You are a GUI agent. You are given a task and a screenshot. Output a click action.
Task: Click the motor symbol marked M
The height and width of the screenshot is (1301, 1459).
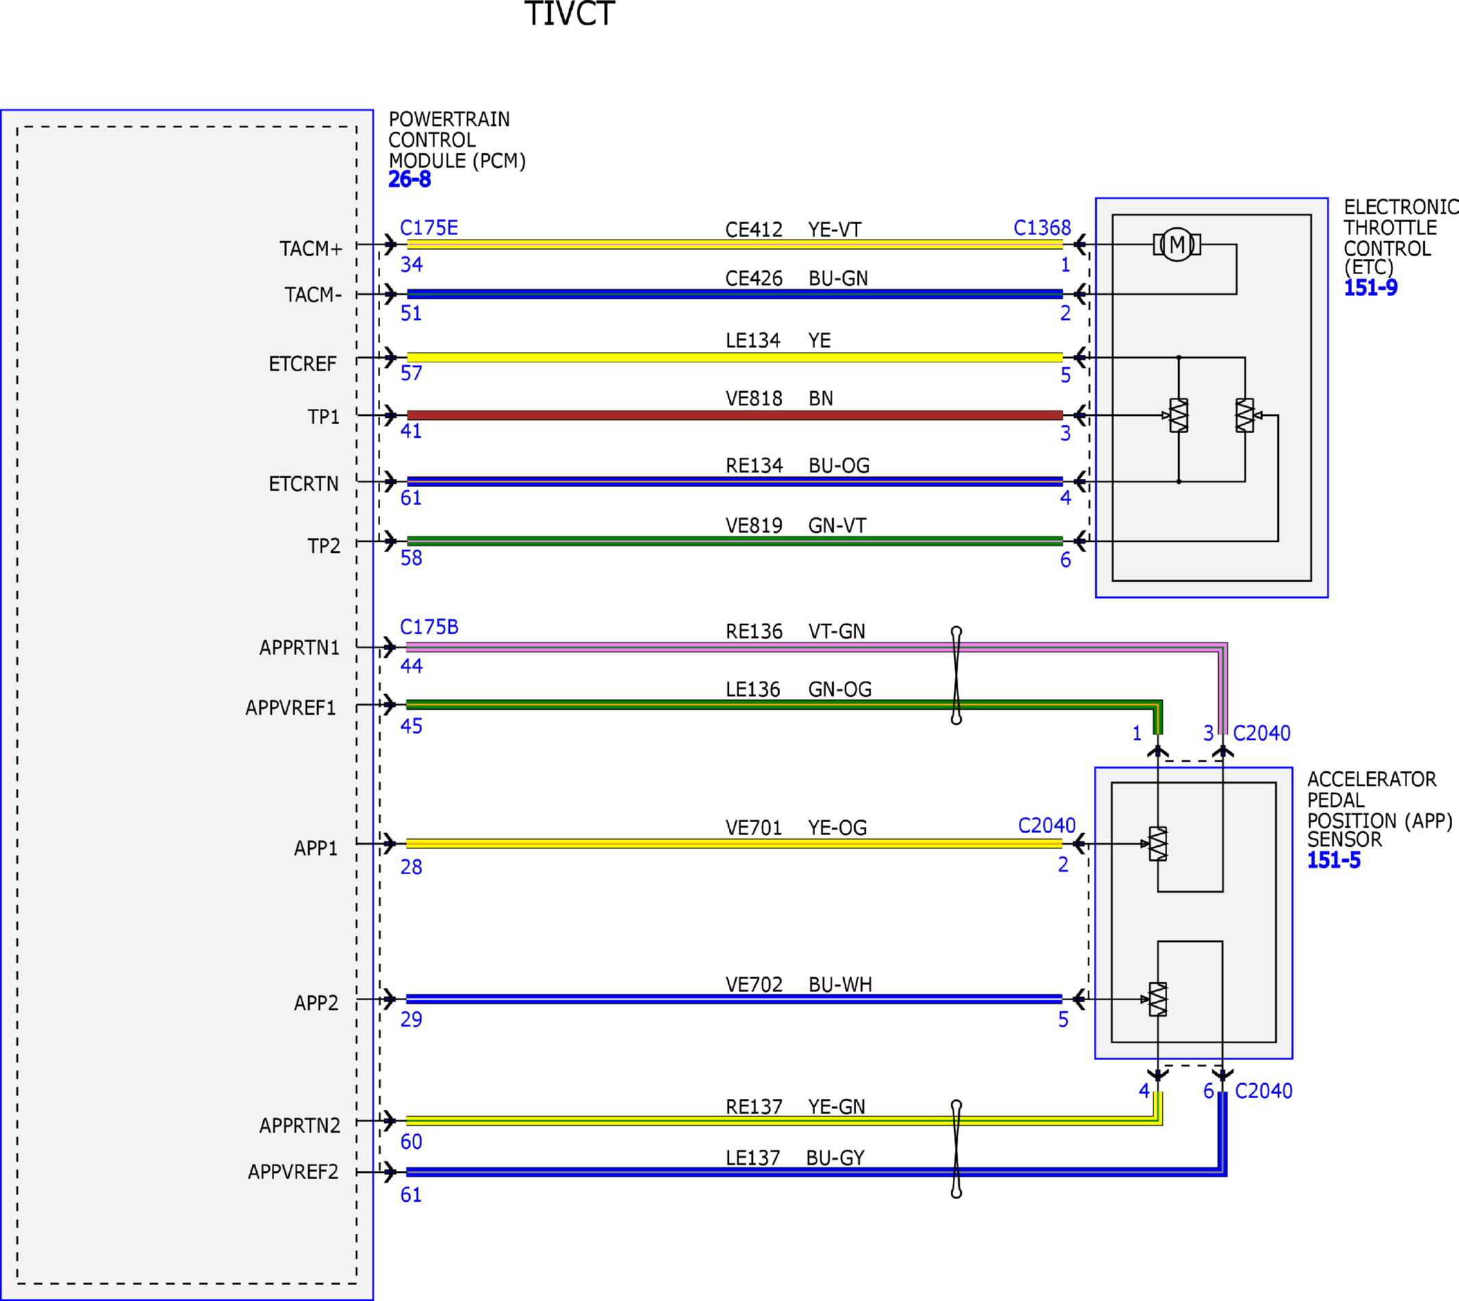[1177, 245]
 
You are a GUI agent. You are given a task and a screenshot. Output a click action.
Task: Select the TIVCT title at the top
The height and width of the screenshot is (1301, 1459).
[570, 14]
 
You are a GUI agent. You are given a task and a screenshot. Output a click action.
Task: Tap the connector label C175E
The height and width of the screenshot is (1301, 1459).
[429, 228]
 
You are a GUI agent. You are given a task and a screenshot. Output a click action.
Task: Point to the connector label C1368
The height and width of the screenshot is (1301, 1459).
[1043, 228]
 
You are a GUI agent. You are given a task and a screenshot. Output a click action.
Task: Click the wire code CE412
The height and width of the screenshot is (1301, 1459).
[754, 230]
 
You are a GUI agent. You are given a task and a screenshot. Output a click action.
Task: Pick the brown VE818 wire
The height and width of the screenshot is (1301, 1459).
[735, 415]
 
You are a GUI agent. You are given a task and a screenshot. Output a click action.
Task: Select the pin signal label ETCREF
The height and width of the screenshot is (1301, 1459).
[302, 364]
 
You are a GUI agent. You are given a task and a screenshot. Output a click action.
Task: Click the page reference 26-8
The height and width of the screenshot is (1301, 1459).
[410, 179]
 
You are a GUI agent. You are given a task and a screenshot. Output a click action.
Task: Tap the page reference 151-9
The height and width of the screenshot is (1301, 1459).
[1371, 288]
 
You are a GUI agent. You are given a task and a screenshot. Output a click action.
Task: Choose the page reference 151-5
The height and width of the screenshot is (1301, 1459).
[1334, 860]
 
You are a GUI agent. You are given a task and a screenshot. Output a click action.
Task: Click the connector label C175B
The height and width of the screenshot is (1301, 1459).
[429, 628]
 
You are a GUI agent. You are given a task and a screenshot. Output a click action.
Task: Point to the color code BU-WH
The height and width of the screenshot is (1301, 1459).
[840, 985]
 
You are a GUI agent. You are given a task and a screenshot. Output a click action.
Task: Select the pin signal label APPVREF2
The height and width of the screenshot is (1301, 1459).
[293, 1172]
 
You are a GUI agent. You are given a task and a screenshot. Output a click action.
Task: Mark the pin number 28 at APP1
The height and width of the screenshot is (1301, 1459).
[411, 867]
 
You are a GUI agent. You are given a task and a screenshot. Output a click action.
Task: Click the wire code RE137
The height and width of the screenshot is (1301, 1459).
[754, 1107]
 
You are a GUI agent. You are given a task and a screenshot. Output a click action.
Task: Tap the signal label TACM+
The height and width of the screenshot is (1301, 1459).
[311, 249]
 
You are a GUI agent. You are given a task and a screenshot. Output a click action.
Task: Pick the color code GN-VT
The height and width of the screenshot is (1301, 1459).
[837, 526]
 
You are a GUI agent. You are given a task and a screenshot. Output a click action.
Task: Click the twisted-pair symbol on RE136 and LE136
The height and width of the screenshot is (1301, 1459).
[956, 676]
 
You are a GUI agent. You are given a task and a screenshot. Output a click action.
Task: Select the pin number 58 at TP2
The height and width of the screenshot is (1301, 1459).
[411, 558]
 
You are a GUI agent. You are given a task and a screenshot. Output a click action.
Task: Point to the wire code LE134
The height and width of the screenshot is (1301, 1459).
[753, 341]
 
